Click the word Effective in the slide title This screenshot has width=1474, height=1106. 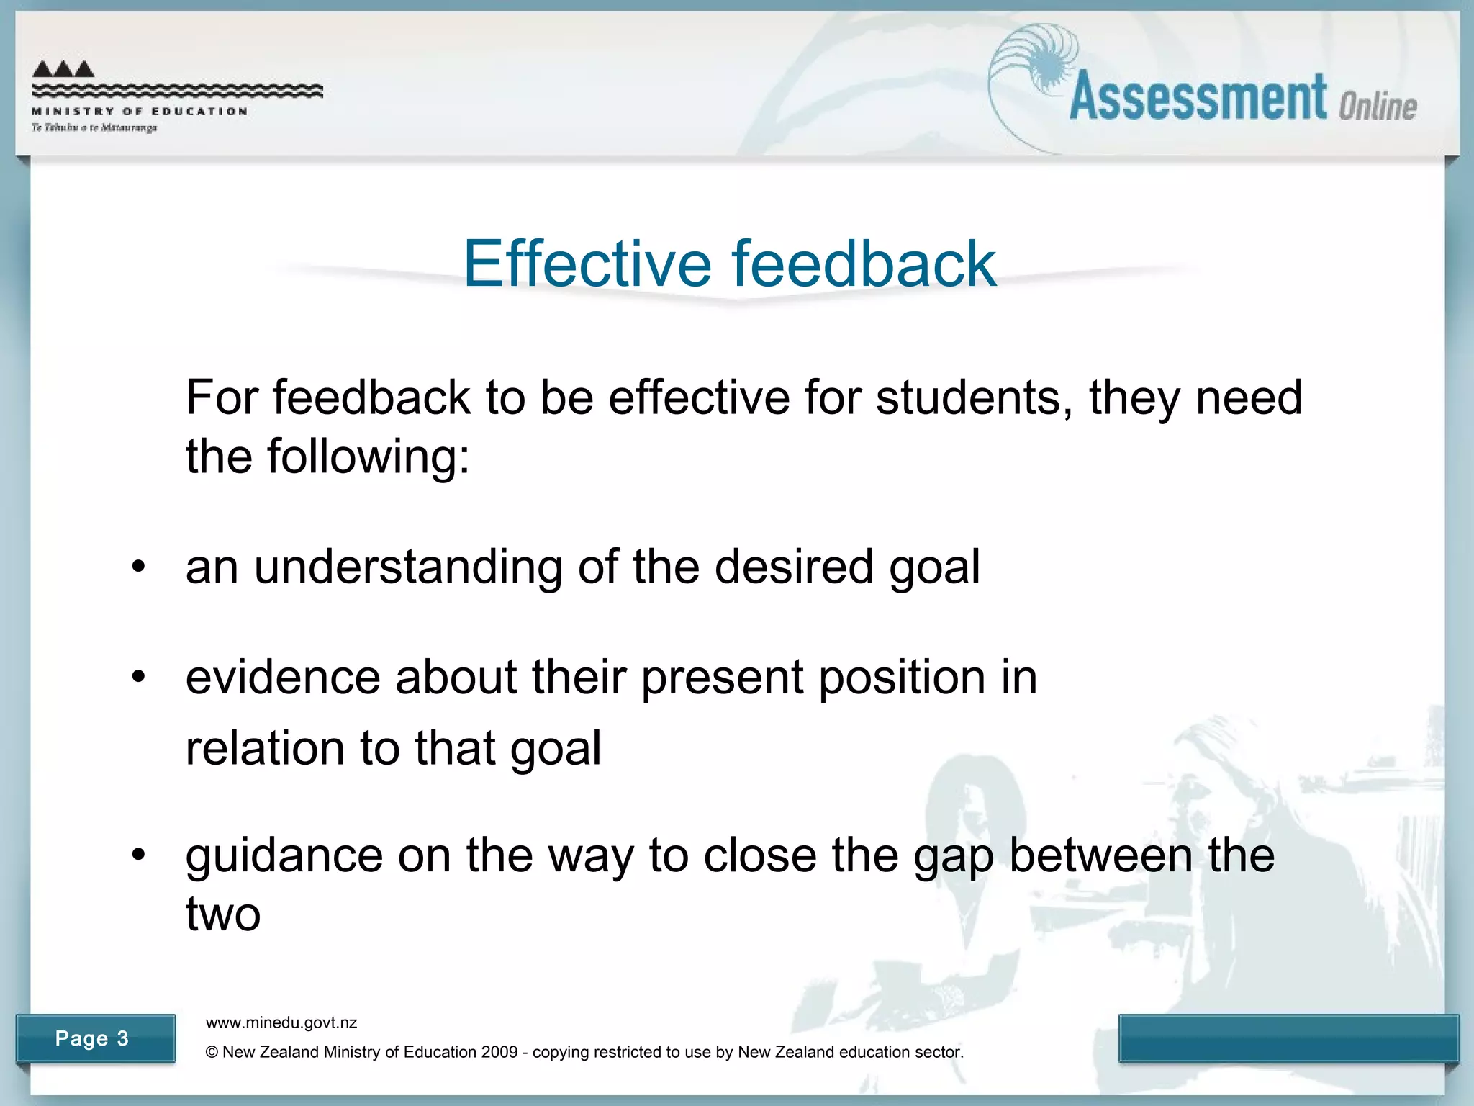click(587, 264)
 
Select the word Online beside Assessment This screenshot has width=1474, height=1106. click(1378, 107)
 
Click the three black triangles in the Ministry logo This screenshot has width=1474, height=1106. click(63, 69)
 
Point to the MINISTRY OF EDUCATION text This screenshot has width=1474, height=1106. click(140, 112)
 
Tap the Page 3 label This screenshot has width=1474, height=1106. click(92, 1038)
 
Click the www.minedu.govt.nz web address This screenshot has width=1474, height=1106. click(281, 1022)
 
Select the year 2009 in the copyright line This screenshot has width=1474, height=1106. click(499, 1052)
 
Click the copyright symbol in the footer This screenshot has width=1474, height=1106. click(212, 1052)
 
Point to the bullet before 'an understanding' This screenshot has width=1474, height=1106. click(139, 567)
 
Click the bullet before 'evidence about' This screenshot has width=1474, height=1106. click(139, 677)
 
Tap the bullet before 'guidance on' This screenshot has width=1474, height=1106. click(139, 855)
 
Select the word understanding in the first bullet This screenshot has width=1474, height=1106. click(408, 567)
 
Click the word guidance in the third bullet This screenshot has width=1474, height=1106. click(284, 856)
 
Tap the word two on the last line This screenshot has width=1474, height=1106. click(223, 914)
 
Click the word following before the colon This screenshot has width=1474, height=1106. click(363, 457)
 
